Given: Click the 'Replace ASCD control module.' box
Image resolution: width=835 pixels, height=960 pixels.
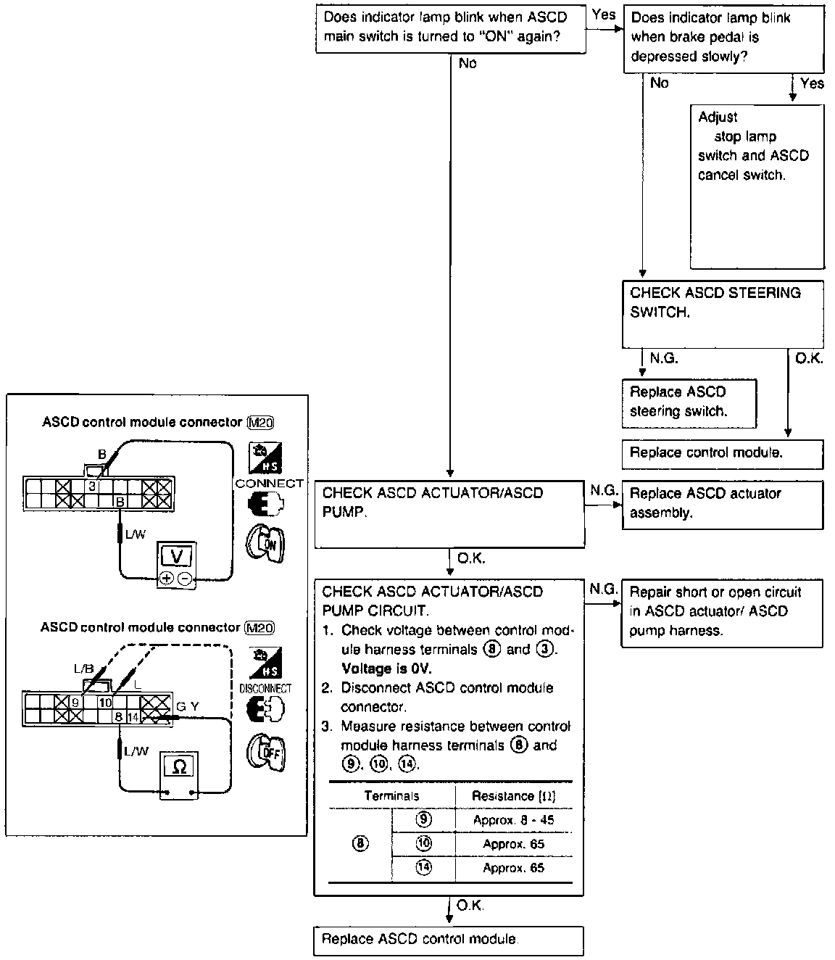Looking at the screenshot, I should click(449, 940).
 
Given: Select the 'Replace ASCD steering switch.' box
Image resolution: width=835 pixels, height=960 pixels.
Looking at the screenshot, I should click(689, 402).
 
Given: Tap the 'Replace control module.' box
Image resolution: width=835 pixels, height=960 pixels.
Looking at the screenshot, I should click(723, 454).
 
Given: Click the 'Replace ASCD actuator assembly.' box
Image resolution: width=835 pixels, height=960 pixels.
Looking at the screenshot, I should click(723, 504).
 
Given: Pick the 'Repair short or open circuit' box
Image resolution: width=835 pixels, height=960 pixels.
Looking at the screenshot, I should click(723, 612).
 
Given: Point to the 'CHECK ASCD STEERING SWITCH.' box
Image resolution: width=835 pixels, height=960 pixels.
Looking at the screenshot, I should click(723, 314).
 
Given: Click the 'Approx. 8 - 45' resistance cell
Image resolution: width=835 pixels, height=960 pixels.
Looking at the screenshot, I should click(513, 821).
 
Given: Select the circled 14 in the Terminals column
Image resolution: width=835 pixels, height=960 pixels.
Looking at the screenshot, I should click(423, 868).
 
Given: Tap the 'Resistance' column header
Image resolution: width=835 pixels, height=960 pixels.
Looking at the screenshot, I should click(513, 796).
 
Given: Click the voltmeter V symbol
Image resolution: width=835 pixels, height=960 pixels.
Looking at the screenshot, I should click(176, 557).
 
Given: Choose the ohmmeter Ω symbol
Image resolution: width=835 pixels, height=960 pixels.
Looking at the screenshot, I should click(179, 766).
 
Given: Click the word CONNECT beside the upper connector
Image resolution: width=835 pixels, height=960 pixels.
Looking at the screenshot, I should click(269, 484).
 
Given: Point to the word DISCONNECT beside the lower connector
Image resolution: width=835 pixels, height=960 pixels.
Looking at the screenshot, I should click(265, 689).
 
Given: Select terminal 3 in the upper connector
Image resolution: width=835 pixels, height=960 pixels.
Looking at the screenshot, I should click(92, 487).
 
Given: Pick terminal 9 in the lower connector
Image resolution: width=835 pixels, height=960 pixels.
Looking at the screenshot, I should click(75, 702).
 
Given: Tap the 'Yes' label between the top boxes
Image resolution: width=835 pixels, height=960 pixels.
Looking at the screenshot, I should click(604, 15).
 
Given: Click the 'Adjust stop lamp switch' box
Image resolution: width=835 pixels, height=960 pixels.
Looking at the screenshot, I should click(757, 186).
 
